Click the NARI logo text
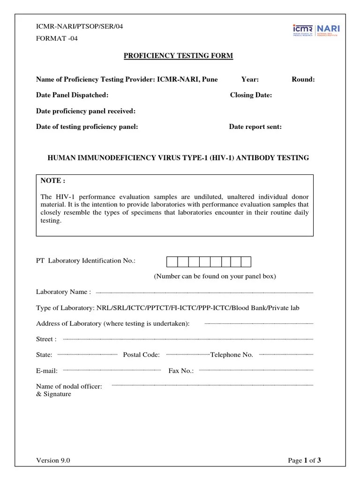coord(329,29)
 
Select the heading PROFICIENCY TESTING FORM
coord(178,56)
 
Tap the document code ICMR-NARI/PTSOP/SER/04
coord(80,26)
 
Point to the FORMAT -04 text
coord(57,38)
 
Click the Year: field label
coord(250,79)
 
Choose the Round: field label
coord(303,79)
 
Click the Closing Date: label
coord(251,95)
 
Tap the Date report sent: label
coord(255,127)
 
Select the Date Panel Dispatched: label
coord(72,95)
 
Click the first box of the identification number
coord(172,262)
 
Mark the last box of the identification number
coord(246,262)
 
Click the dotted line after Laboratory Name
coord(204,293)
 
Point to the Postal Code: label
coord(141,355)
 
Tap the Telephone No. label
coord(232,355)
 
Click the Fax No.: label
coord(181,371)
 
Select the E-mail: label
coord(47,371)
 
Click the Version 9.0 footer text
coord(53,460)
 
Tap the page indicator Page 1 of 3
coord(304,460)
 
